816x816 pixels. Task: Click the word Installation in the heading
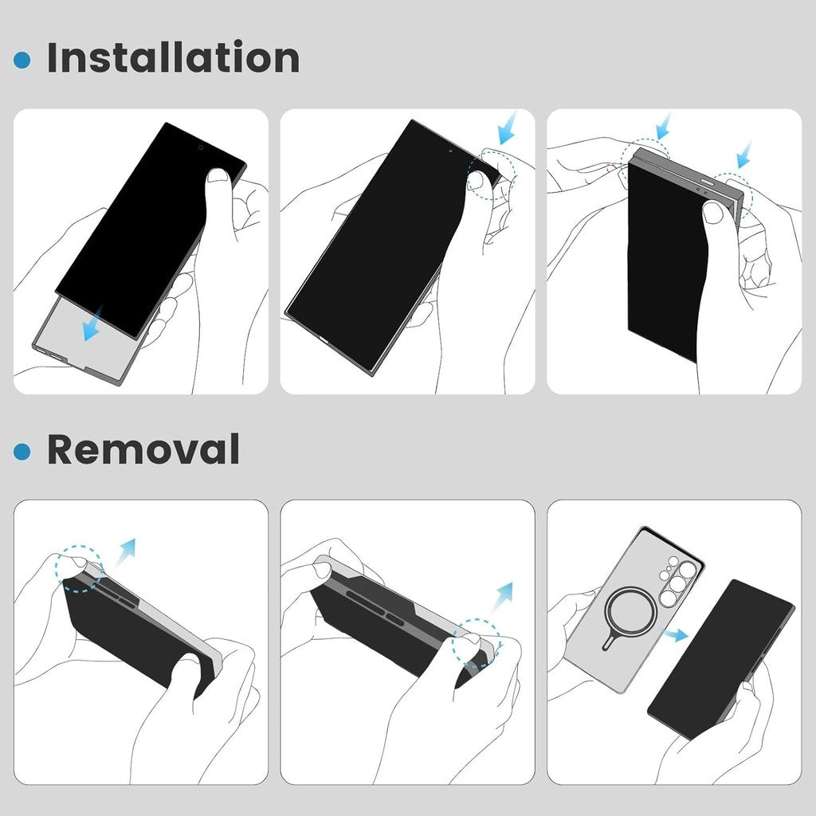point(173,57)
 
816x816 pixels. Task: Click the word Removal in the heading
point(143,449)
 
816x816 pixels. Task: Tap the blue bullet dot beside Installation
point(22,60)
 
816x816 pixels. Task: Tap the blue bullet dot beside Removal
point(22,452)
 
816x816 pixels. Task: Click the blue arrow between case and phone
point(677,634)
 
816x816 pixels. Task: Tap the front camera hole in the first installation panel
point(200,147)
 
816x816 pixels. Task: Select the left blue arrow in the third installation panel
point(663,127)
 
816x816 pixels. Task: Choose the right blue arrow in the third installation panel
point(745,154)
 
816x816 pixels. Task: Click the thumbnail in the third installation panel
point(713,212)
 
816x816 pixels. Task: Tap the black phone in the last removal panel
point(720,658)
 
